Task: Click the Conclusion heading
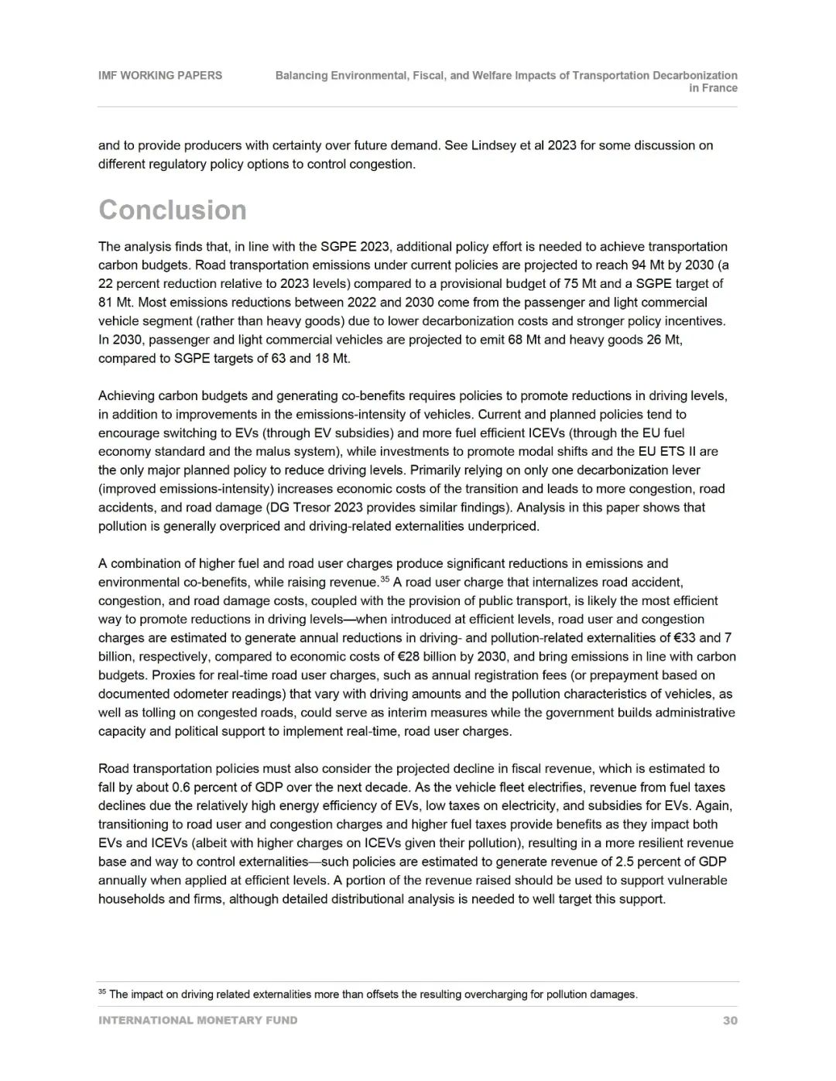point(172,210)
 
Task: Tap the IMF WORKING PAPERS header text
point(159,76)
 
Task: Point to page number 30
point(730,1021)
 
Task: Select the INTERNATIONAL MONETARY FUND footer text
point(197,1021)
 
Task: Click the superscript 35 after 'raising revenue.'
point(385,579)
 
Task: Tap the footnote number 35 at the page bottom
point(101,992)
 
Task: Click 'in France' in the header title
point(713,88)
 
